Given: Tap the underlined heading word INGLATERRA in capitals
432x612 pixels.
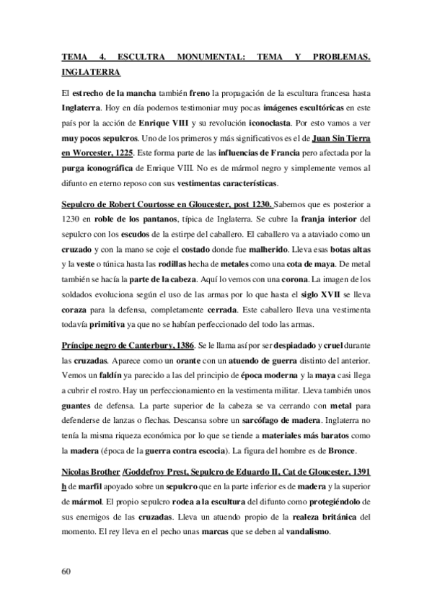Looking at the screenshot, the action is (x=92, y=72).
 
